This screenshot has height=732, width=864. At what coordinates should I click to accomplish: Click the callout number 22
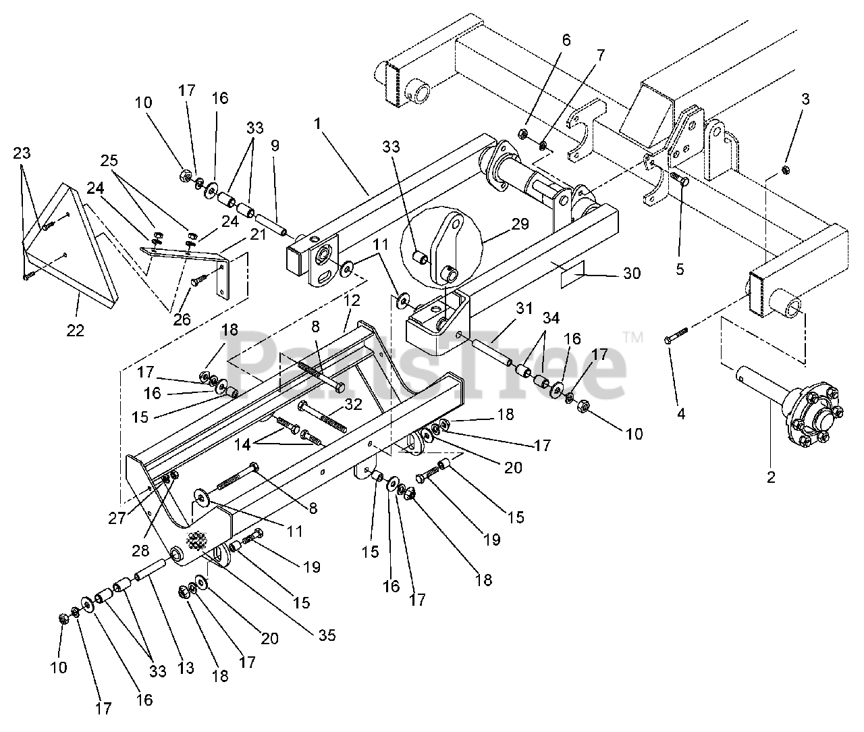(75, 330)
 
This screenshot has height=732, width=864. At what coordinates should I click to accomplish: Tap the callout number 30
(632, 273)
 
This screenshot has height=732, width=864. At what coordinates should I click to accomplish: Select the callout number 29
(520, 224)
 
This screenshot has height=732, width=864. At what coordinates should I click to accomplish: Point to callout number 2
(772, 477)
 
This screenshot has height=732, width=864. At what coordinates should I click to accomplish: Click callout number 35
(327, 635)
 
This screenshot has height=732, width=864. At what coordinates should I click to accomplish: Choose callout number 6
(566, 40)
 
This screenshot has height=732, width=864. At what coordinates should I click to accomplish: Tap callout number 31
(524, 309)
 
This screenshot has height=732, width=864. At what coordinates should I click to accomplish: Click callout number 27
(117, 518)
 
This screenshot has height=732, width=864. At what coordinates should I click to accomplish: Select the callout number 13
(186, 668)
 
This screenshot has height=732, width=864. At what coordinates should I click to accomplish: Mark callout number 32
(353, 404)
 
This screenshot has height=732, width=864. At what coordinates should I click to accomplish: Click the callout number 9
(275, 145)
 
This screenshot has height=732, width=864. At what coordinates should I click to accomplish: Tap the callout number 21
(258, 234)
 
